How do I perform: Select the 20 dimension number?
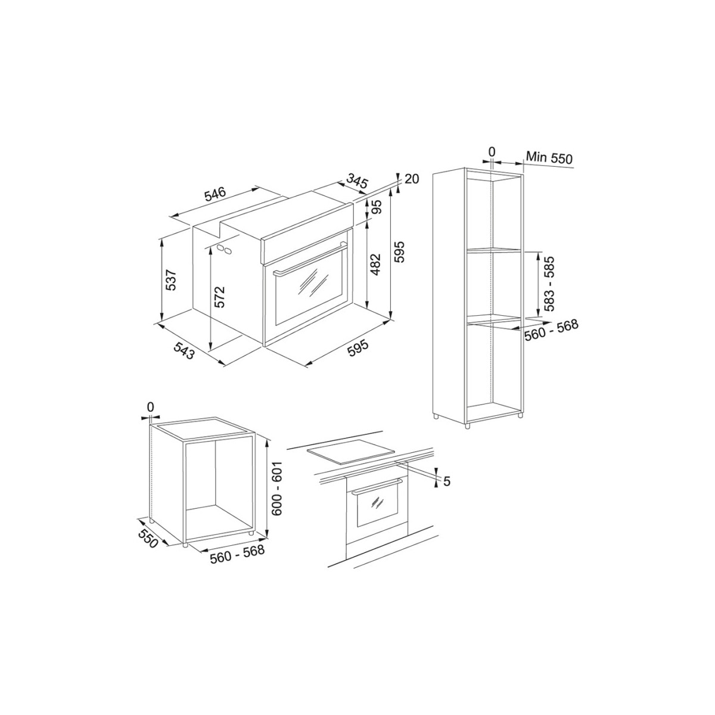pos(412,179)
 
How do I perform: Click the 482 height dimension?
pos(376,264)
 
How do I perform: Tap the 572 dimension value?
pos(220,297)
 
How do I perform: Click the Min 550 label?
pos(549,158)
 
